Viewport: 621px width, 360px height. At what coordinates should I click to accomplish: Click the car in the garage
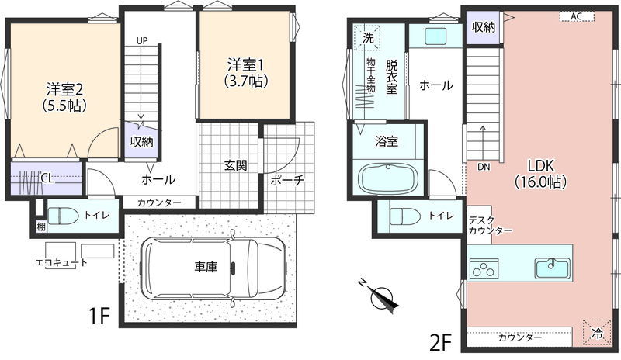213,268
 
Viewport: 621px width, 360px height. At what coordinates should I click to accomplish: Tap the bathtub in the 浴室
388,178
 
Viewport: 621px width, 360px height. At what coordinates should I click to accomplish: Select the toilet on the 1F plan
61,216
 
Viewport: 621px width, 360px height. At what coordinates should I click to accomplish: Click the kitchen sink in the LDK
553,268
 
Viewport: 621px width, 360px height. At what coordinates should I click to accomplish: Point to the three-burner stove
484,268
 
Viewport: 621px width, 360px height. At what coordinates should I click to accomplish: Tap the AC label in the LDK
576,16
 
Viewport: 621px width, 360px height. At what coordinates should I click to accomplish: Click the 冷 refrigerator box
596,333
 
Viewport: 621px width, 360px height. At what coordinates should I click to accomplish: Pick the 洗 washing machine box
367,39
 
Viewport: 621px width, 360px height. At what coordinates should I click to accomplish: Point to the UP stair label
142,40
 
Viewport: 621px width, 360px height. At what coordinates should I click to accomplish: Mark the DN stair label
484,167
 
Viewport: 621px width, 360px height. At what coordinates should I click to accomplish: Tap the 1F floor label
99,316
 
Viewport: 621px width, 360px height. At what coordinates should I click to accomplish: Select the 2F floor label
441,342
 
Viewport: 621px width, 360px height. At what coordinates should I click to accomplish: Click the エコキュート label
61,262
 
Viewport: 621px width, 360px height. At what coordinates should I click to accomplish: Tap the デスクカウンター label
490,225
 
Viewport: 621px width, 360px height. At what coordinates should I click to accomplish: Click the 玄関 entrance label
236,165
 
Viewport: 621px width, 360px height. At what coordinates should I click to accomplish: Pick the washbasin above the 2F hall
435,36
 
